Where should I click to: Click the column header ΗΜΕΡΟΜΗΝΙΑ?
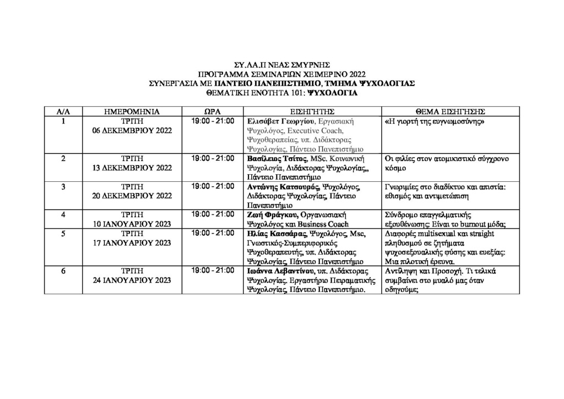tap(132, 111)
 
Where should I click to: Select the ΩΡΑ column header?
tap(213, 111)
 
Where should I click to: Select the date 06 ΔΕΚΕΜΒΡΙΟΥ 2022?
tap(132, 130)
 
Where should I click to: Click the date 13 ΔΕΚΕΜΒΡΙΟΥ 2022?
tap(132, 168)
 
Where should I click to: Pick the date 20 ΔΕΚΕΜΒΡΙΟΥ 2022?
tap(132, 195)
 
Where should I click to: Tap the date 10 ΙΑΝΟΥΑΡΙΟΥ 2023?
tap(132, 223)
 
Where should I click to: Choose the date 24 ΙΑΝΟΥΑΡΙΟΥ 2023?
tap(132, 280)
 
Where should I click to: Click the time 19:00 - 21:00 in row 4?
tap(213, 214)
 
